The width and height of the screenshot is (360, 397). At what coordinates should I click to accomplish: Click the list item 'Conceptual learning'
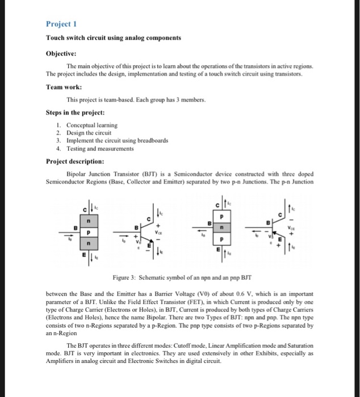[91, 125]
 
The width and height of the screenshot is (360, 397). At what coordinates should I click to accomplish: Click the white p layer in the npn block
[88, 232]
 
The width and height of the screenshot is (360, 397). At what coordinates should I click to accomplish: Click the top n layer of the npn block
[88, 220]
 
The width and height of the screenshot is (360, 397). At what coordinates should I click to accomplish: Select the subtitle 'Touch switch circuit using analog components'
[114, 37]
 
